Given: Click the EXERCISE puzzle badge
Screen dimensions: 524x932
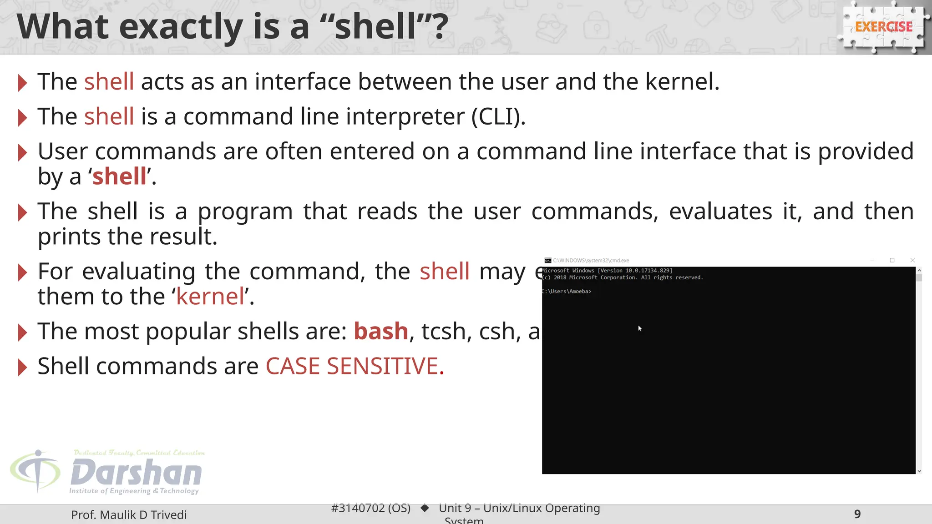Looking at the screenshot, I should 883,27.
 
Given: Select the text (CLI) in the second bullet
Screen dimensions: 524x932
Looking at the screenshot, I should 498,117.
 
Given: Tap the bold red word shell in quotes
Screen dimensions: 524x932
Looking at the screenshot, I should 120,176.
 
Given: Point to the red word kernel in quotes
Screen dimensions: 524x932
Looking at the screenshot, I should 210,297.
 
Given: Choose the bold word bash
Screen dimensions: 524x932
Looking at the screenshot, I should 381,331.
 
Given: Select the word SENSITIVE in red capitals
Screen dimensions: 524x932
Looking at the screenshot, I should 382,366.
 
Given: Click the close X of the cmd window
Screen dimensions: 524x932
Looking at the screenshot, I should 912,260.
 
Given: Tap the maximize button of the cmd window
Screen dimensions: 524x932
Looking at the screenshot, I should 892,260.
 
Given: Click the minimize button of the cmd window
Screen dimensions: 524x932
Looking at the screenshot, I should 872,260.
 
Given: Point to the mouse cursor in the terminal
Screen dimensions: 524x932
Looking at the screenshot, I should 640,328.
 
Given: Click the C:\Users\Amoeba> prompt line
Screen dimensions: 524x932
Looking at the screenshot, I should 567,292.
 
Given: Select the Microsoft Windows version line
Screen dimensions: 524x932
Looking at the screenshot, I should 607,271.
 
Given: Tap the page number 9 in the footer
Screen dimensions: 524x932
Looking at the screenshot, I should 857,514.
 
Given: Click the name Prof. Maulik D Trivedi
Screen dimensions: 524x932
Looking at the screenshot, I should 129,515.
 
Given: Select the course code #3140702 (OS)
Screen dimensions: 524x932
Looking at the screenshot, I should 370,508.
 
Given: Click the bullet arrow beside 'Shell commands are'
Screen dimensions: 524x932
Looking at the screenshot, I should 22,367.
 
